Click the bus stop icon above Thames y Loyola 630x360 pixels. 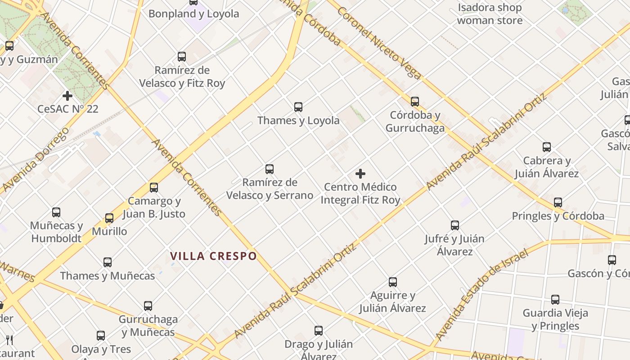[x=298, y=107]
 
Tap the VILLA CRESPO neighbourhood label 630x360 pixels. [x=213, y=256]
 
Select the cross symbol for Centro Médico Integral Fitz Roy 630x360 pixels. [x=360, y=174]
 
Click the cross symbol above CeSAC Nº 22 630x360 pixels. [x=67, y=96]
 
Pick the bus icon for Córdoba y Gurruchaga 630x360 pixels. [x=415, y=102]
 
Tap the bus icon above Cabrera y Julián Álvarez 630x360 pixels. [x=547, y=147]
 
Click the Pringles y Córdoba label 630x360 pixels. [x=558, y=216]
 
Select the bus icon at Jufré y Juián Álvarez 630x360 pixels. [x=455, y=225]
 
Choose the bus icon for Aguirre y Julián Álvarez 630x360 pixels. [x=393, y=282]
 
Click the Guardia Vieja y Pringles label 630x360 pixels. [x=555, y=319]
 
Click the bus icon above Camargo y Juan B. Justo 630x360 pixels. [x=154, y=188]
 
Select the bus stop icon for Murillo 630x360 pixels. [x=109, y=218]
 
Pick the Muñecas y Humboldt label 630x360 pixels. [x=56, y=231]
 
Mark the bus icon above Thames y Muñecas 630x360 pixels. [x=108, y=262]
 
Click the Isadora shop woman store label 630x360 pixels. [x=490, y=14]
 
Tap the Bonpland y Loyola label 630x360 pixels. [x=193, y=13]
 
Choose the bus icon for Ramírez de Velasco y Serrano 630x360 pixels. [x=270, y=169]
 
